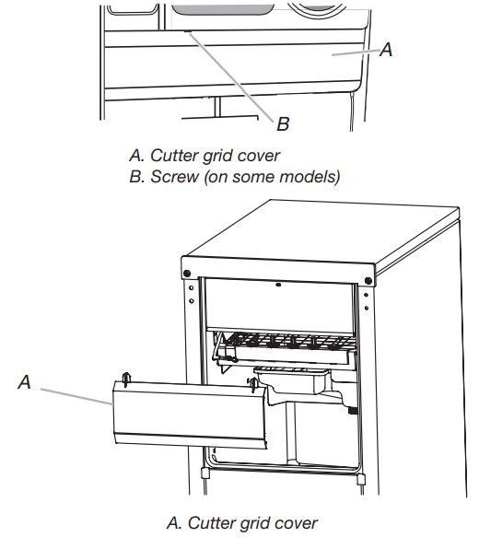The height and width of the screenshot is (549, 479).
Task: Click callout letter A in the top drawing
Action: coord(387,51)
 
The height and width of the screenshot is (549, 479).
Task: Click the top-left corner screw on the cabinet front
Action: coord(187,274)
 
